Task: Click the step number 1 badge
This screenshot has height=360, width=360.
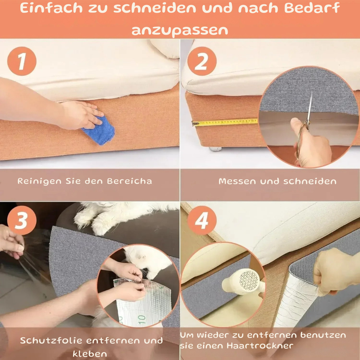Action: click(22, 61)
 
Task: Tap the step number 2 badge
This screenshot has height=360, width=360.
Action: click(202, 61)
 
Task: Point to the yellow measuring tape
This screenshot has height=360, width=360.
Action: click(225, 122)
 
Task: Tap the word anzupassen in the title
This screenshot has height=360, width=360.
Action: click(180, 30)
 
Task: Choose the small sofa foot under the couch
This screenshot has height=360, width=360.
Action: click(215, 149)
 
